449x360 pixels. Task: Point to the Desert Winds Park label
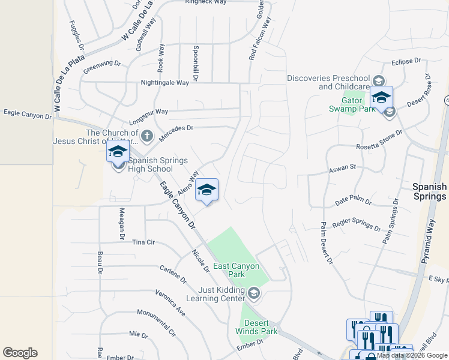point(256,326)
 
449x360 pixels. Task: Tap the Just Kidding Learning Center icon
point(254,293)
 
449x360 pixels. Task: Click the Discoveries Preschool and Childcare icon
point(378,80)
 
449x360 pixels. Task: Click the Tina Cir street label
point(143,242)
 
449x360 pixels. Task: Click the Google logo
point(20,353)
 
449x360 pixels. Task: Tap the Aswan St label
point(342,171)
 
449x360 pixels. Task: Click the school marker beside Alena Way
point(206,190)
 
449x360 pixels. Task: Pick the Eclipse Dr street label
point(406,61)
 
